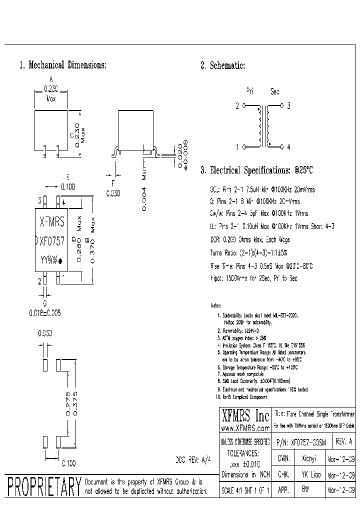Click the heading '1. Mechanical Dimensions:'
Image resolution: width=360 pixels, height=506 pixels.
(62, 65)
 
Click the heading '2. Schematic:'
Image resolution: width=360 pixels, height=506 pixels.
(222, 65)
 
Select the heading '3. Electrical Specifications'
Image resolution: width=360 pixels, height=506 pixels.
(256, 170)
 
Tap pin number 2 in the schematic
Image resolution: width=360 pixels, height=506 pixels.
(237, 106)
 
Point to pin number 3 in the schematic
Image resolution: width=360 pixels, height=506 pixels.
(288, 106)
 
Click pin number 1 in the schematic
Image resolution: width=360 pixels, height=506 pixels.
(237, 147)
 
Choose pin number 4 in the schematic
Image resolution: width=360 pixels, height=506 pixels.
(288, 147)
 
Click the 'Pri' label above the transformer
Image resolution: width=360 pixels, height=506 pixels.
(250, 91)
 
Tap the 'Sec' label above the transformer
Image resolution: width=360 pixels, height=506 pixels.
(275, 91)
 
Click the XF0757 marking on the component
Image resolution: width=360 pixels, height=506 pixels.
(52, 240)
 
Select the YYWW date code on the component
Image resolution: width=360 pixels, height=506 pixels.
(48, 260)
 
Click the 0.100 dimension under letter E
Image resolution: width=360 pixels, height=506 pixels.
(67, 187)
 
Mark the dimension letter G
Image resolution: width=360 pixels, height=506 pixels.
(45, 303)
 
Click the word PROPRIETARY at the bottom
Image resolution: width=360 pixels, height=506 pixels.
(44, 486)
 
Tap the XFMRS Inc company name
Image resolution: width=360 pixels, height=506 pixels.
(245, 416)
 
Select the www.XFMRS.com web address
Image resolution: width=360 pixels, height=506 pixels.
(245, 428)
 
